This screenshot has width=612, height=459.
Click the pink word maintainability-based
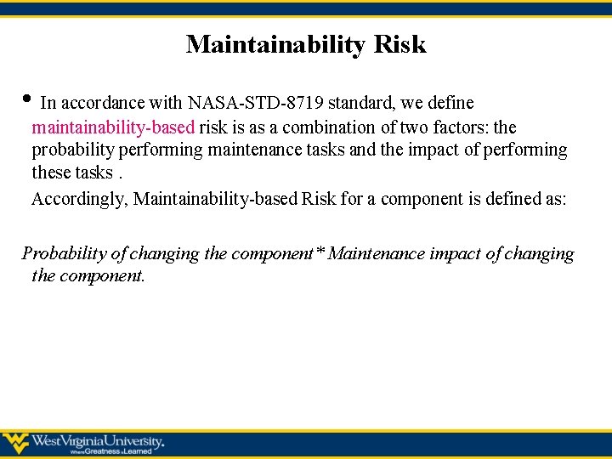point(113,127)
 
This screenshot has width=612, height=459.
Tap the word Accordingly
point(80,199)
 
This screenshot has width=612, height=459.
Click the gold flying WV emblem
point(15,443)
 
